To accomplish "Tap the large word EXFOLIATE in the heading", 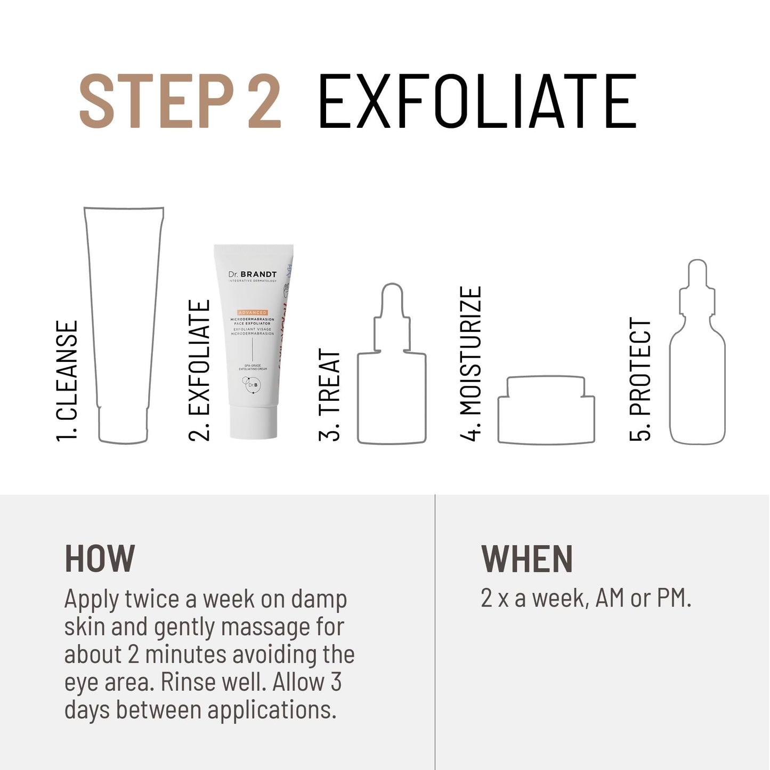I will [x=477, y=101].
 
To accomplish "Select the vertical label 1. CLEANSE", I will [x=68, y=380].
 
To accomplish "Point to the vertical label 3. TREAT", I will [x=329, y=395].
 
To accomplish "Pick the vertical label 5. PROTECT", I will [x=641, y=379].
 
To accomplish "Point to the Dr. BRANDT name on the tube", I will [x=253, y=274].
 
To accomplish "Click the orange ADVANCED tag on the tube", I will [x=253, y=312].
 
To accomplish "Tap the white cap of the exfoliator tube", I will [x=254, y=423].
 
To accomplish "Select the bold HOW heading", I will [x=100, y=559].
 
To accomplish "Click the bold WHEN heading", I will [x=527, y=559].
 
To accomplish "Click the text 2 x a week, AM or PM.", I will [x=586, y=598].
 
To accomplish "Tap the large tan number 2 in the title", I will [x=264, y=101].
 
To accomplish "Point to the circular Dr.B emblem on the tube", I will [x=253, y=385].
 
